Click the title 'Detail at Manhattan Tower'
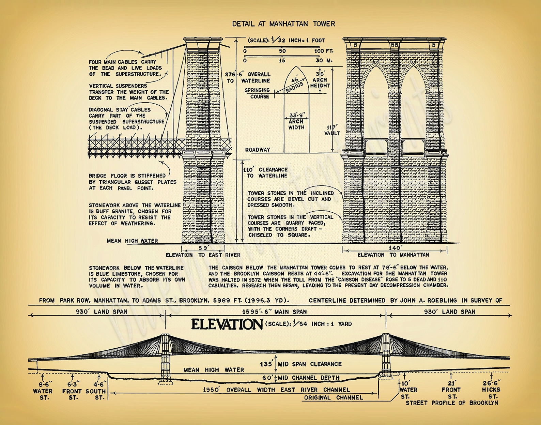283,24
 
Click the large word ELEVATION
227,324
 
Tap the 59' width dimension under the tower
203,248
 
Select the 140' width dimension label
395,248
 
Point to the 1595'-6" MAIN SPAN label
274,312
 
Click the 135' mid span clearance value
266,364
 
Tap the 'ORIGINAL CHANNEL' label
333,397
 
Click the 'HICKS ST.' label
491,393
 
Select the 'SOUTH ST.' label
96,394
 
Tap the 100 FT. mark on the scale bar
324,51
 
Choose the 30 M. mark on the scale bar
324,60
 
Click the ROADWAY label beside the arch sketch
258,150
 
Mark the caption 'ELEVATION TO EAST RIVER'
203,255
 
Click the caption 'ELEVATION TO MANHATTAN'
393,255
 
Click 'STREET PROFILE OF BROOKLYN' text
452,403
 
